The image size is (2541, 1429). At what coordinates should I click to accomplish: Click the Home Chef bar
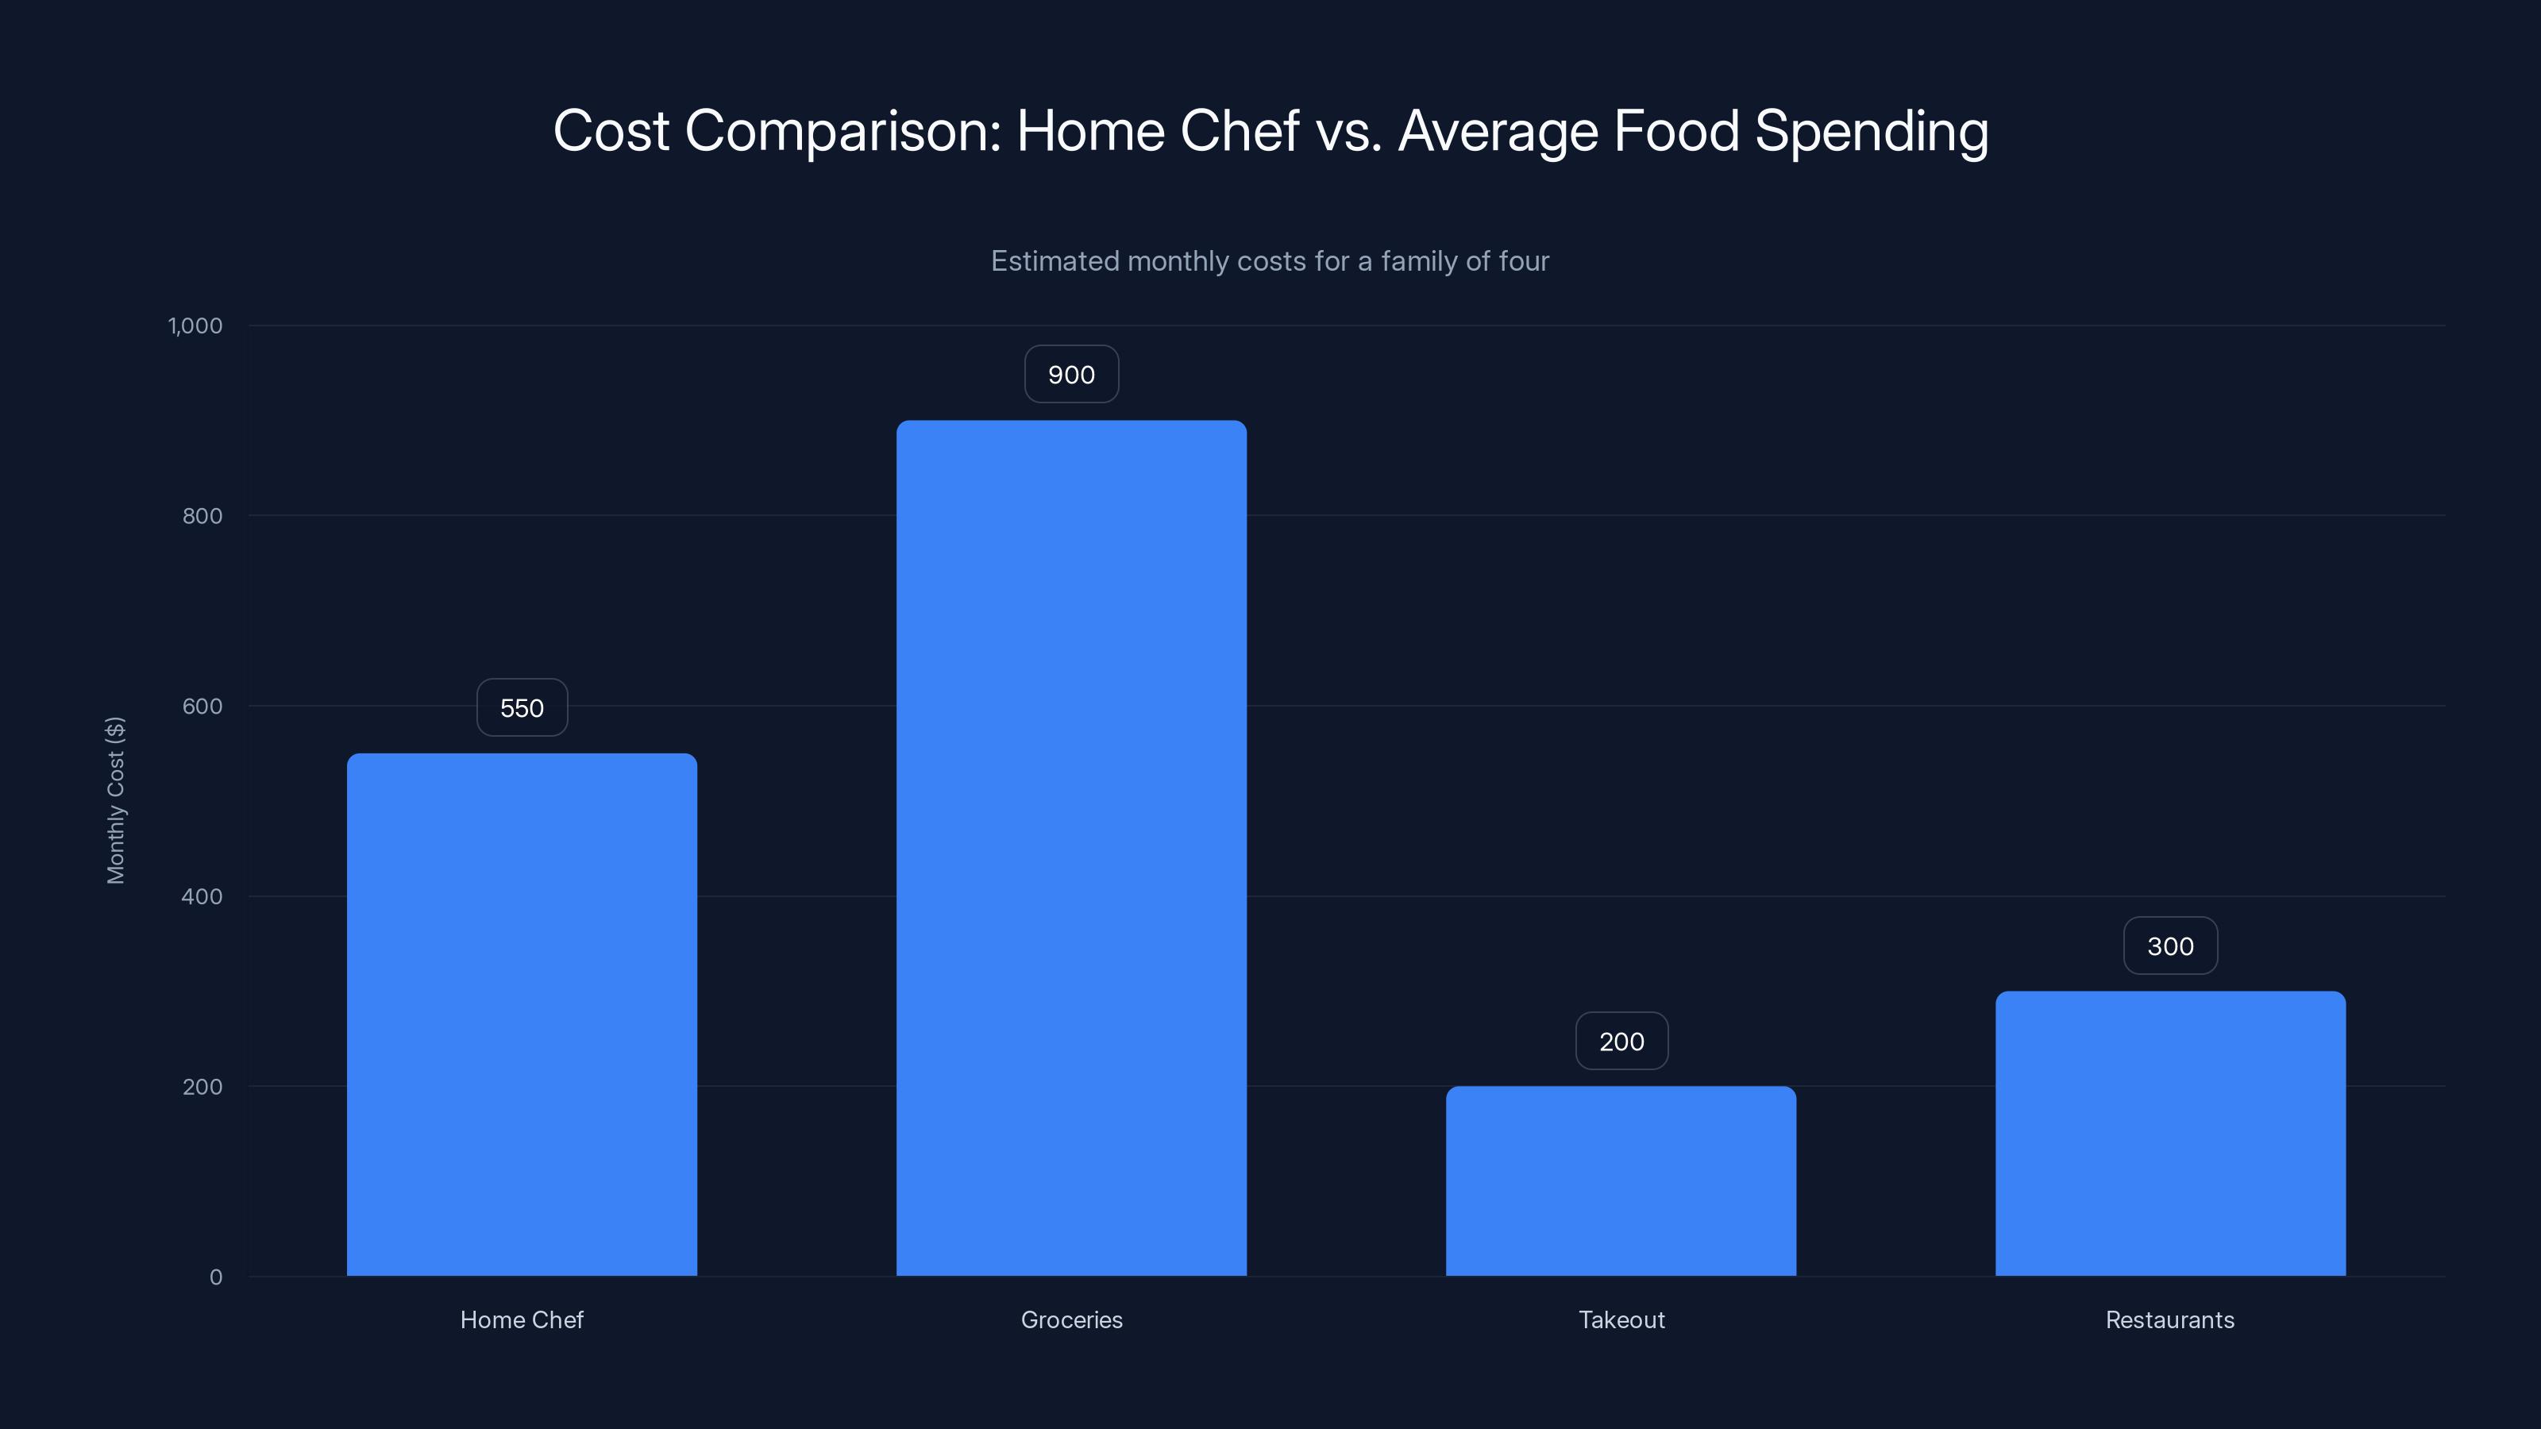522,1016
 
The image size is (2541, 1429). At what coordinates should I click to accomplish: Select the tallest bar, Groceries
1071,848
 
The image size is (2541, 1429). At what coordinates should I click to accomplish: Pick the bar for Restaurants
2170,1134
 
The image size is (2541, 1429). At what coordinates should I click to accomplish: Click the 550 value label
522,708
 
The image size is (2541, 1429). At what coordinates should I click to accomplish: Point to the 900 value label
1071,375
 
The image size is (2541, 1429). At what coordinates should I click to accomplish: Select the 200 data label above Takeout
1621,1042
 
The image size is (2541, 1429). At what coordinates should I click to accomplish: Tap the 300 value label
2170,947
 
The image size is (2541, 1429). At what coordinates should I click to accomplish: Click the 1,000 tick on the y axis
195,326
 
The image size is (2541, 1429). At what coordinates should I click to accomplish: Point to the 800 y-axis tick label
202,516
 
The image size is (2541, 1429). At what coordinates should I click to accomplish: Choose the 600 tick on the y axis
202,706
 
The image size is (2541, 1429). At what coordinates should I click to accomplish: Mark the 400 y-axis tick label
202,896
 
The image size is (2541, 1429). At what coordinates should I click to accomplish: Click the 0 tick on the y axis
216,1277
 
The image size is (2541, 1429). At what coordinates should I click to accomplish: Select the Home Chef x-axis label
522,1319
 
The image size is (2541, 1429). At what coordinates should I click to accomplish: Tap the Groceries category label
1071,1319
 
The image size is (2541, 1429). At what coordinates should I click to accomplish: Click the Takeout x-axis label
1621,1319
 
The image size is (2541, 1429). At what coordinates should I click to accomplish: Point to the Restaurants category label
2170,1319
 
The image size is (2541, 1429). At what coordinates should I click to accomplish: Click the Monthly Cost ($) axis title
115,799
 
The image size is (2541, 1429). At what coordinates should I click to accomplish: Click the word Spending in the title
1872,132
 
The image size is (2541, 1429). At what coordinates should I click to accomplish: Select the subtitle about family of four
1270,261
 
